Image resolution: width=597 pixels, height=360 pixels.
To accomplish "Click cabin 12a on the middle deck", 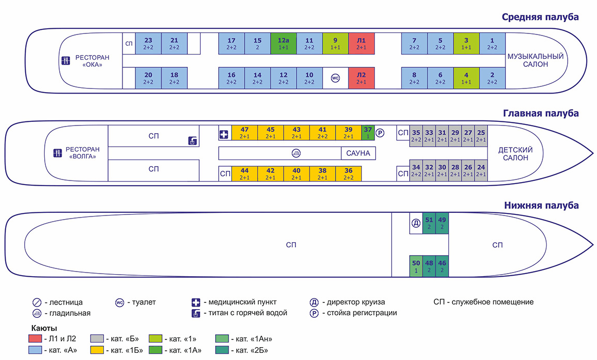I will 284,44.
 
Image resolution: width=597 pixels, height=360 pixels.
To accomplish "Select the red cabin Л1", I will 361,44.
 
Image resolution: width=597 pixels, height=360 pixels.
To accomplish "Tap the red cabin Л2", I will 361,78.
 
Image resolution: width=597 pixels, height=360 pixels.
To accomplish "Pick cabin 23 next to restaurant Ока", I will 148,44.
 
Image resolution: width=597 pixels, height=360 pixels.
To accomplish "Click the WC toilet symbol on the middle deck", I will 335,78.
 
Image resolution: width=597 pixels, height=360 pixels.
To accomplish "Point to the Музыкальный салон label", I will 535,60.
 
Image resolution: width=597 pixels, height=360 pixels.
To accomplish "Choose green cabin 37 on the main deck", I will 368,133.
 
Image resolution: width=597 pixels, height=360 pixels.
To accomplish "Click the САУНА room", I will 359,153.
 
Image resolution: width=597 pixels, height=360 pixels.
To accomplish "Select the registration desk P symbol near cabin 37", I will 380,133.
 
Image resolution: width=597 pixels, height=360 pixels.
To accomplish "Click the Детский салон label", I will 515,154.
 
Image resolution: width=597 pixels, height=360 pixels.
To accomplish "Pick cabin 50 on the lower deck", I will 416,266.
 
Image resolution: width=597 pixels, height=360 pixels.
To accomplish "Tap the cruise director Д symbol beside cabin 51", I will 416,223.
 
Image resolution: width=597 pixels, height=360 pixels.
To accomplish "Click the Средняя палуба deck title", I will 540,17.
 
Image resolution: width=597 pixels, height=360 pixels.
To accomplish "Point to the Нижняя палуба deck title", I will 542,205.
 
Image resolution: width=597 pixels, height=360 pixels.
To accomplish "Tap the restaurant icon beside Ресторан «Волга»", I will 58,153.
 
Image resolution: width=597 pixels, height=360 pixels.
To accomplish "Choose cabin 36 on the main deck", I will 348,173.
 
